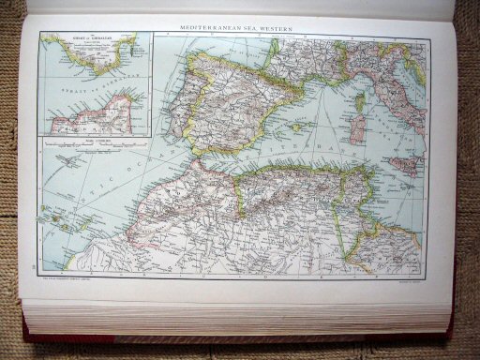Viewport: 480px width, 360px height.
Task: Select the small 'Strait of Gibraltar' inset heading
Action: point(85,41)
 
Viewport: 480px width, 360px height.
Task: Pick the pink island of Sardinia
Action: point(357,129)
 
